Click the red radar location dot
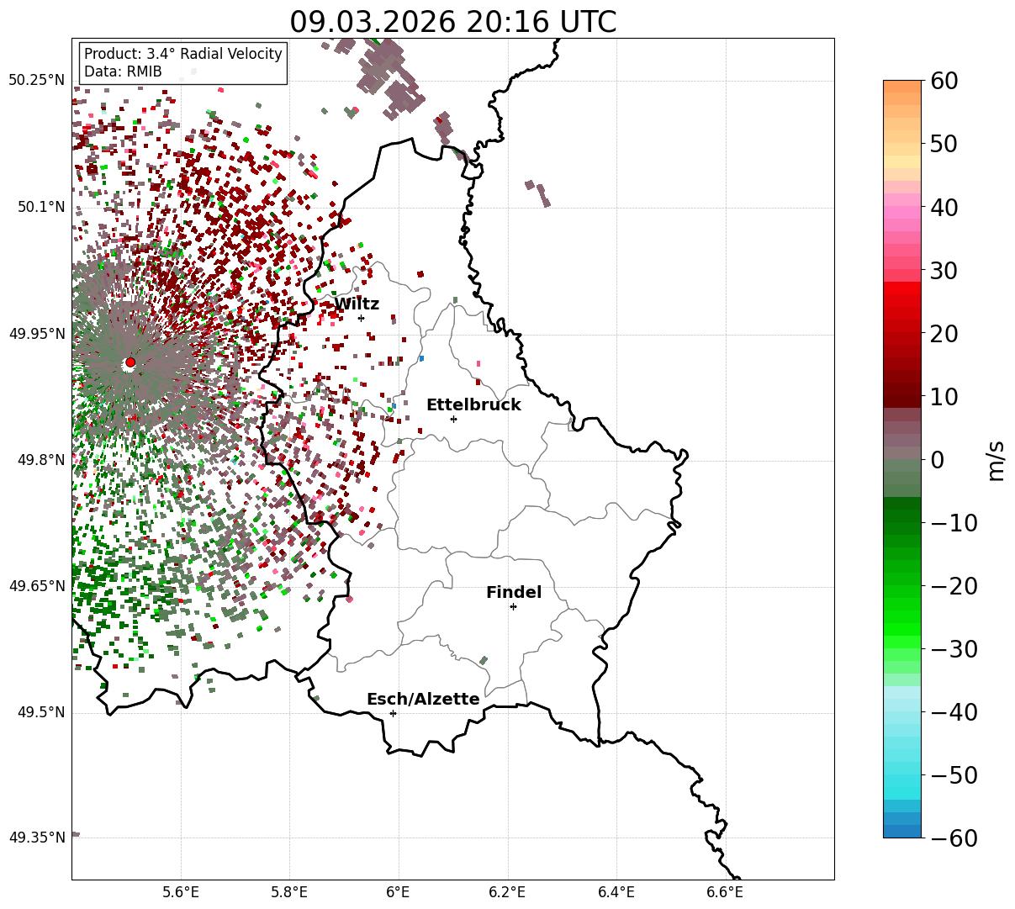pyautogui.click(x=130, y=362)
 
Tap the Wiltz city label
pyautogui.click(x=357, y=304)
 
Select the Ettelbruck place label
pyautogui.click(x=473, y=405)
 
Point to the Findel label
pyautogui.click(x=514, y=593)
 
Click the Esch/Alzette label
pyautogui.click(x=423, y=700)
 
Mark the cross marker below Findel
pyautogui.click(x=513, y=606)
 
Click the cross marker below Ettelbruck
pyautogui.click(x=453, y=419)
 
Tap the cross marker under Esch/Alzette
pyautogui.click(x=393, y=713)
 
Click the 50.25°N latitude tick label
pyautogui.click(x=36, y=81)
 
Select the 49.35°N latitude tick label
pyautogui.click(x=36, y=838)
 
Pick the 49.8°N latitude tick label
pyautogui.click(x=40, y=460)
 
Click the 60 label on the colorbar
pyautogui.click(x=944, y=82)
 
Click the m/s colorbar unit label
pyautogui.click(x=997, y=460)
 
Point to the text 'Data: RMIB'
pyautogui.click(x=123, y=71)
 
